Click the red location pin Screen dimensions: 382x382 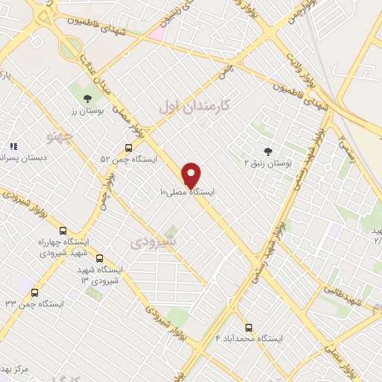pos(192,174)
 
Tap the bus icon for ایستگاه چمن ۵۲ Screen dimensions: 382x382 pos(129,148)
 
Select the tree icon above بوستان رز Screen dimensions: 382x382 pos(87,98)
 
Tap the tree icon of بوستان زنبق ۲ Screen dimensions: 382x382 pos(268,151)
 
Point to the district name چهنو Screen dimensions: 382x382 pos(60,137)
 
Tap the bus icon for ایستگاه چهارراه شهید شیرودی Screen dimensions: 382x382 pos(63,231)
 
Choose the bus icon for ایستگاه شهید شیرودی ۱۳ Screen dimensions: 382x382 pos(100,258)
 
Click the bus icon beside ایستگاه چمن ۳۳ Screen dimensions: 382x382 pos(34,292)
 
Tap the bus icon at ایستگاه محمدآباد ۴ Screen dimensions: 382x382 pos(248,328)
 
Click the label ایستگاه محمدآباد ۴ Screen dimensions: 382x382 pos(249,339)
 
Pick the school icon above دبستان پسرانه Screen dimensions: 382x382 pos(13,146)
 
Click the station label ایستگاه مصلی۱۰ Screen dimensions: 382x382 pos(187,192)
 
